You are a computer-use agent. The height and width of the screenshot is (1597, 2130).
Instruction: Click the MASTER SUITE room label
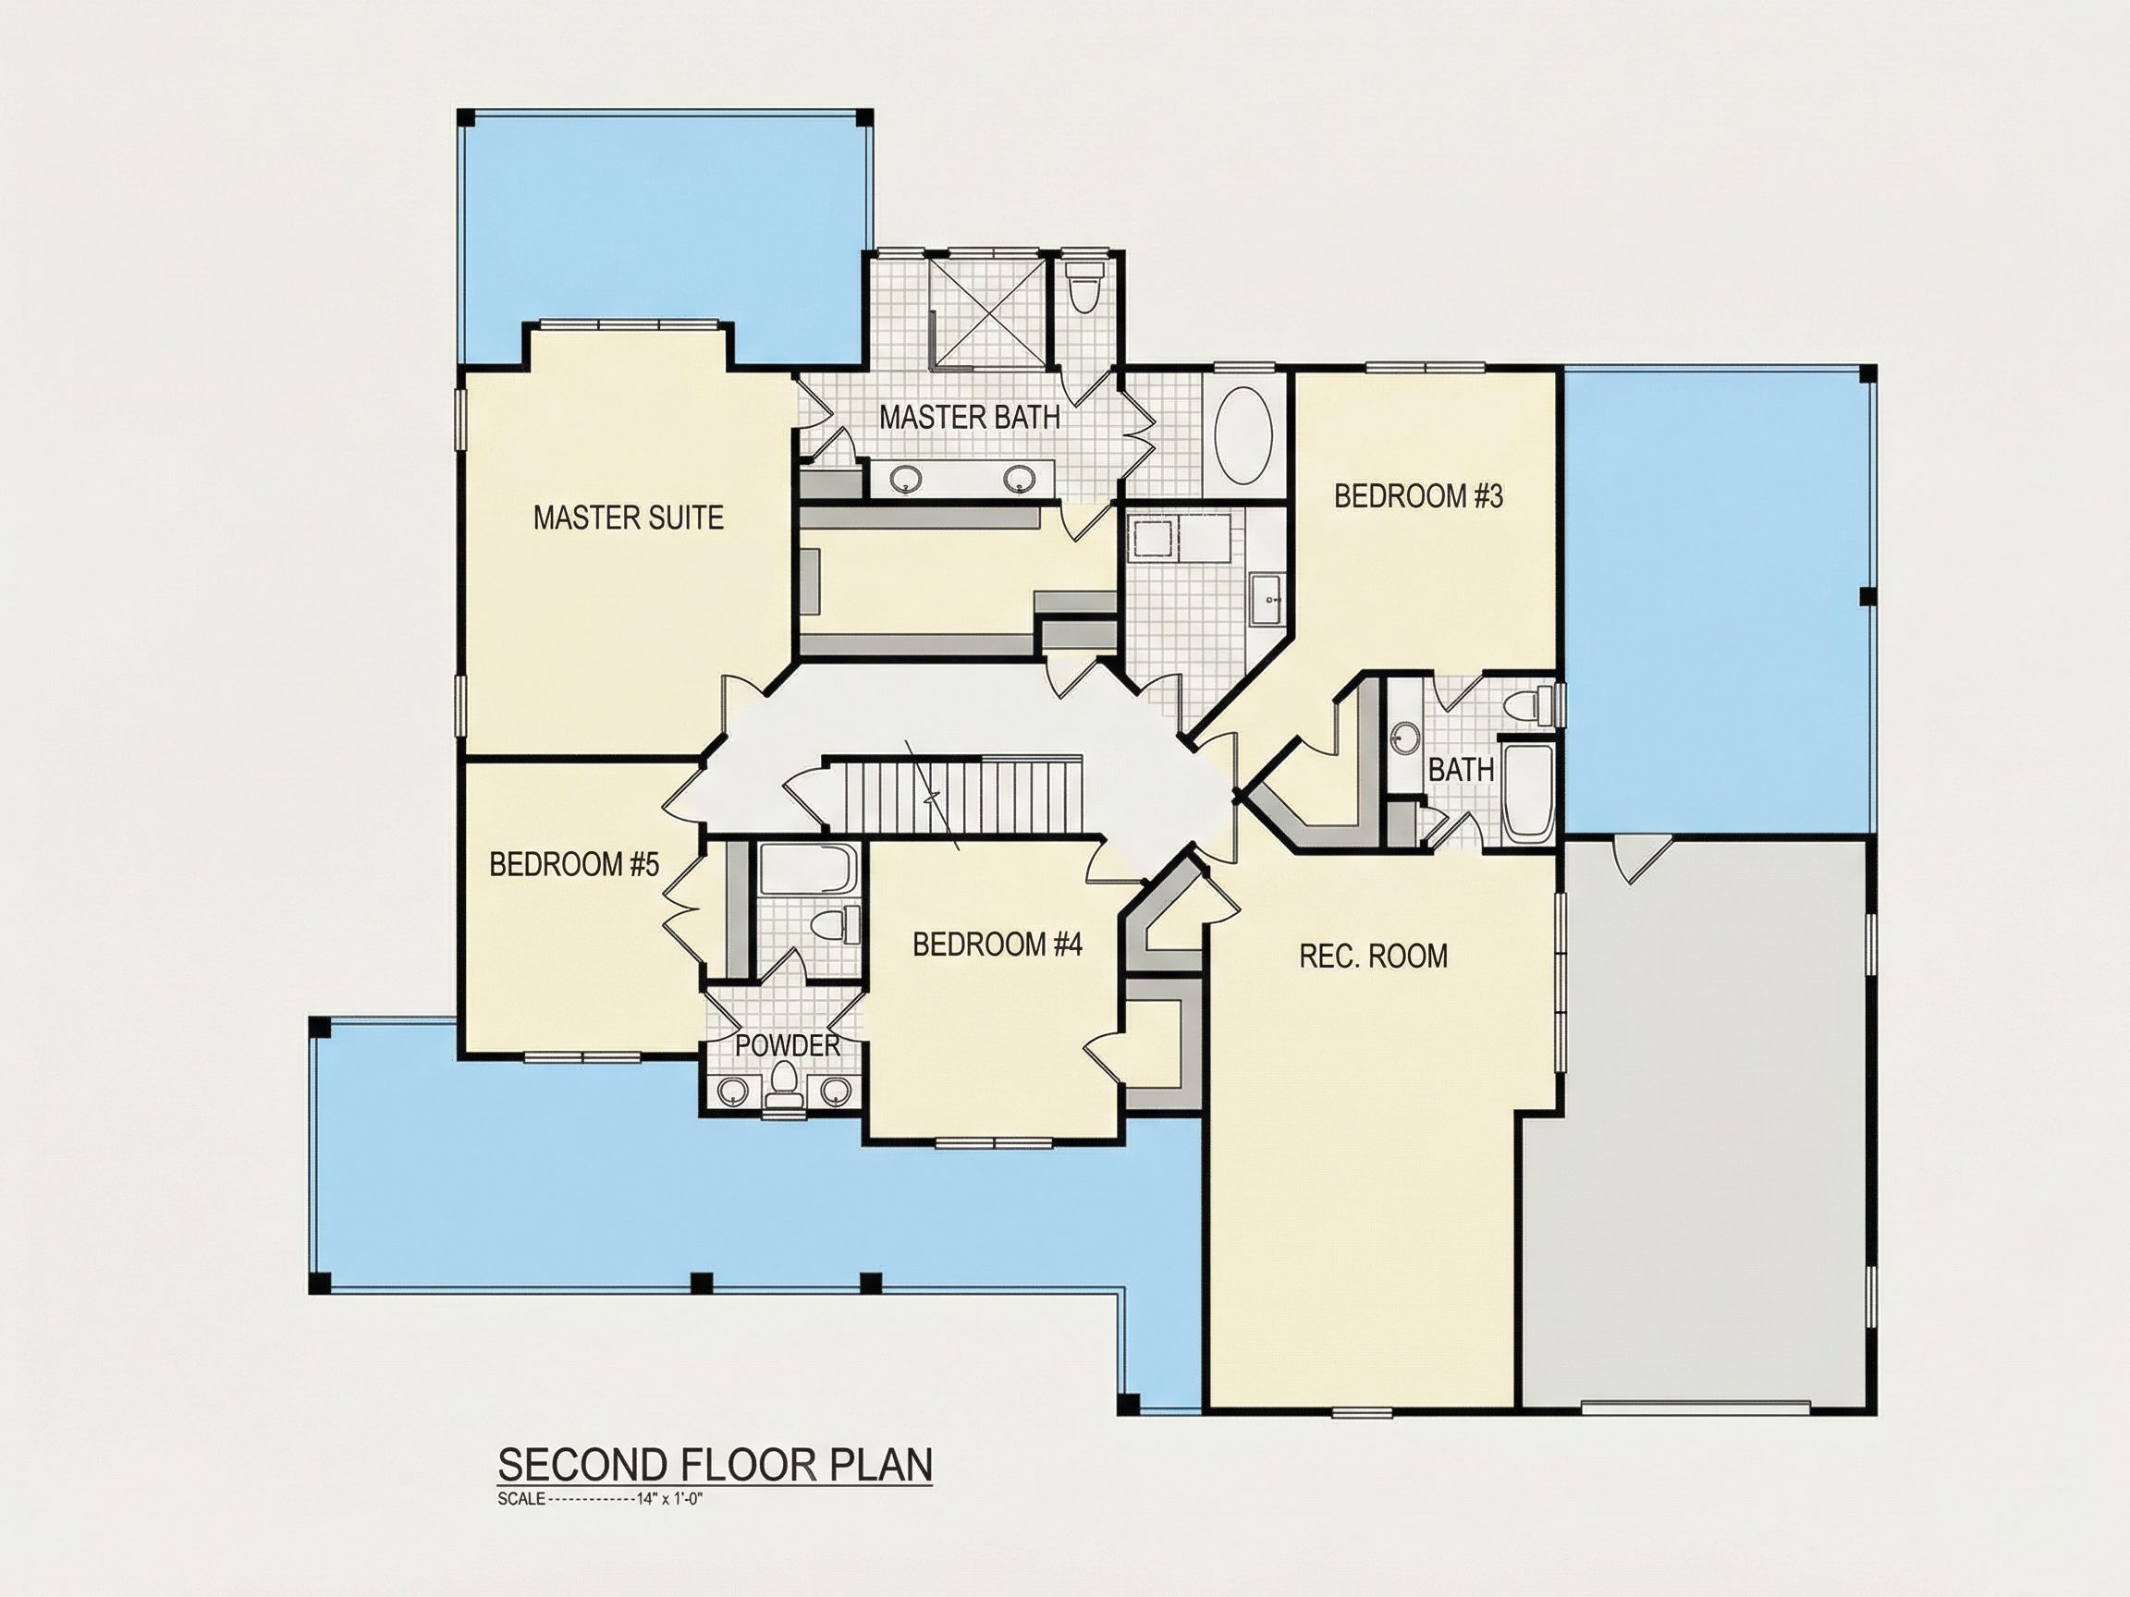(628, 518)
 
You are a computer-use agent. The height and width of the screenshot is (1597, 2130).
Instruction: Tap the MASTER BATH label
(970, 418)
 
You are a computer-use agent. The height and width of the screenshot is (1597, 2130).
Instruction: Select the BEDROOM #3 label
(1418, 496)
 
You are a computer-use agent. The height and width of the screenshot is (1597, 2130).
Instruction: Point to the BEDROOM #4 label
(998, 945)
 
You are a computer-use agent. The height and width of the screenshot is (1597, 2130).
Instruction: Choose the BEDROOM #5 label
(574, 864)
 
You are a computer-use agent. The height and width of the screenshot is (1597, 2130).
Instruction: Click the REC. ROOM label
(1373, 956)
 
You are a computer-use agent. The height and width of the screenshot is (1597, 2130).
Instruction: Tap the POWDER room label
(788, 1045)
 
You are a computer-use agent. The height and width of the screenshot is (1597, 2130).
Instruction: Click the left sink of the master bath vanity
(906, 479)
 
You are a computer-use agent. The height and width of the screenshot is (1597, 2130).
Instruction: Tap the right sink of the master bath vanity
(1019, 479)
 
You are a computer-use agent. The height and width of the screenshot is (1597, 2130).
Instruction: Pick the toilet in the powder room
(784, 1084)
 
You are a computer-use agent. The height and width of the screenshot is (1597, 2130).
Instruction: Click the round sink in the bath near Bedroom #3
(1406, 739)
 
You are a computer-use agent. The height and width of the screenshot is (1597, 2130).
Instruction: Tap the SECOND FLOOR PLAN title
(715, 1465)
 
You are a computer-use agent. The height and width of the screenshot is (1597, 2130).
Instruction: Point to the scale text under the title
(601, 1499)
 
